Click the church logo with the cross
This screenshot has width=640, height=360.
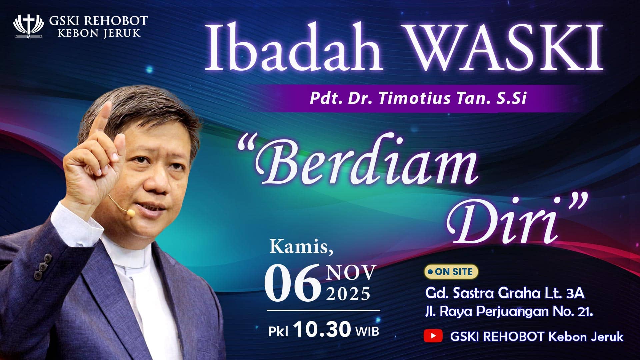click(x=28, y=26)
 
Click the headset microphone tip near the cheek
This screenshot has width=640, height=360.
click(x=131, y=212)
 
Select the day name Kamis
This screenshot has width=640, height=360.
click(x=301, y=247)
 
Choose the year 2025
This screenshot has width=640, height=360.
click(x=348, y=294)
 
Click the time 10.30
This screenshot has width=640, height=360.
click(x=323, y=329)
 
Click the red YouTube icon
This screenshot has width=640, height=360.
click(x=433, y=336)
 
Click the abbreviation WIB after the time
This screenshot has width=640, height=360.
click(x=367, y=331)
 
